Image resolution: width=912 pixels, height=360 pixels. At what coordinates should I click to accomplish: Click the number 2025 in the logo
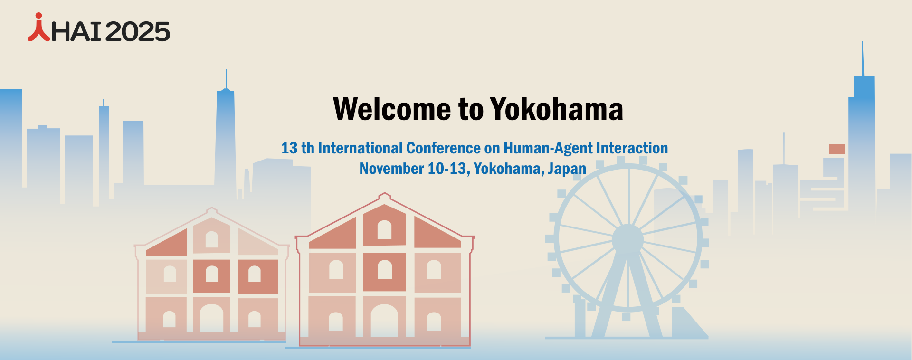(137, 32)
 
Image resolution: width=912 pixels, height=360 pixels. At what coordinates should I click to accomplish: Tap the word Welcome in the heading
(392, 109)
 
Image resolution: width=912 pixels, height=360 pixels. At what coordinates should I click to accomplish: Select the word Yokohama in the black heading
(556, 109)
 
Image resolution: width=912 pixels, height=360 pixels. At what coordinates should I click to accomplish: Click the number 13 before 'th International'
(289, 148)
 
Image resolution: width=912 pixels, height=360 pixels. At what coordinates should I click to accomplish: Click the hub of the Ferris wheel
(627, 239)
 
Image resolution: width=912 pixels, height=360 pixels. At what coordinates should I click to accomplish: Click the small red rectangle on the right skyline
(836, 149)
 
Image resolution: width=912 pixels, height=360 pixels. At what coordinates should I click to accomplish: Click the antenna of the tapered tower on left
(227, 79)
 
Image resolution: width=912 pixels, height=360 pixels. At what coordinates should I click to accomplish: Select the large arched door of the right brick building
(384, 321)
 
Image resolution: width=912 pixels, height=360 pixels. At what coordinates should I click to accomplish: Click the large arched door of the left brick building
(211, 318)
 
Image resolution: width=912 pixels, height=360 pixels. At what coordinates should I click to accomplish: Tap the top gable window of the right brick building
(384, 230)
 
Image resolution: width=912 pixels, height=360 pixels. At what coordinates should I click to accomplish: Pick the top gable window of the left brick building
(211, 239)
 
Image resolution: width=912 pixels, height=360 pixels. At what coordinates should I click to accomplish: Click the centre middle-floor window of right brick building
(384, 270)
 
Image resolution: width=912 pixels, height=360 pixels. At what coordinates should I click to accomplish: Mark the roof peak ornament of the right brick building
(384, 195)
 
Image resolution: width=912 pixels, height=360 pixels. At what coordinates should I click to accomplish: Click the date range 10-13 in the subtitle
(446, 169)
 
